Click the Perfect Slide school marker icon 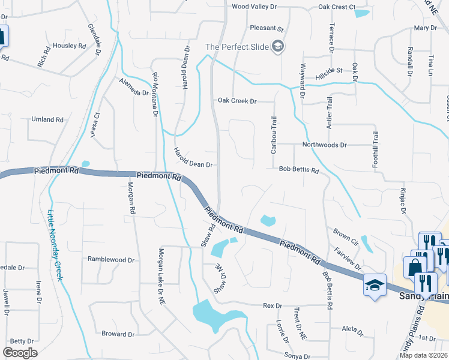(x=278, y=46)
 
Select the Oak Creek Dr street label (x=237, y=101)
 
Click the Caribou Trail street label (x=274, y=134)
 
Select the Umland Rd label (x=47, y=120)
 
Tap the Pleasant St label (x=267, y=28)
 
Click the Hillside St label (x=330, y=70)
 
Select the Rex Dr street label (x=273, y=306)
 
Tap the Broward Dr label (x=118, y=334)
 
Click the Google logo (x=19, y=352)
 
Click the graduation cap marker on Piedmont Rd (x=375, y=285)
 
